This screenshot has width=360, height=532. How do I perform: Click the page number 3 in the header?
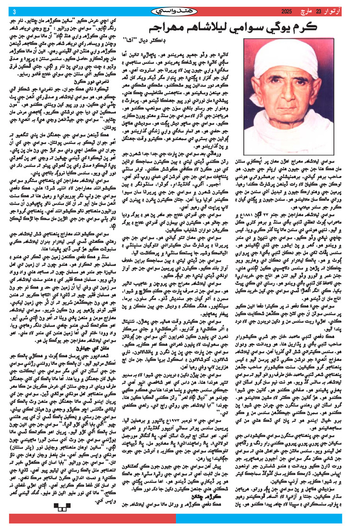(14, 12)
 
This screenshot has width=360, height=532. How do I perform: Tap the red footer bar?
(96, 520)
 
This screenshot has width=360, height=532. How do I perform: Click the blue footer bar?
(269, 520)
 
